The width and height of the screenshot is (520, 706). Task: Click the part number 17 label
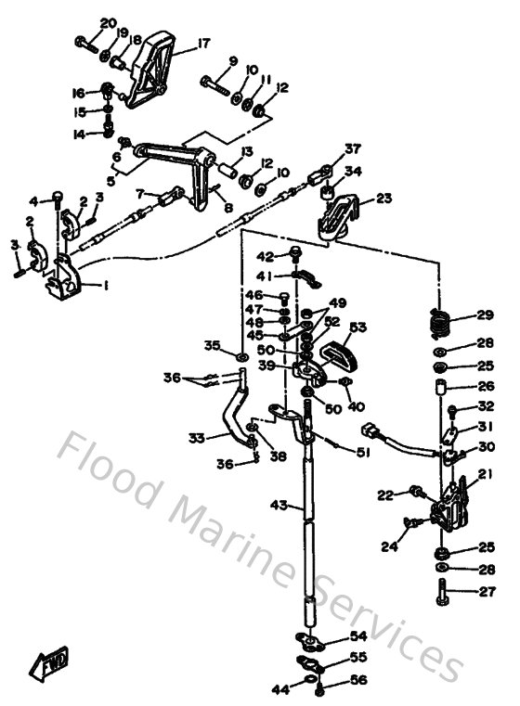click(203, 42)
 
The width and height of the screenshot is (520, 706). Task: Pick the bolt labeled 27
click(442, 590)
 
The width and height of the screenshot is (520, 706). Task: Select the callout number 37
click(352, 148)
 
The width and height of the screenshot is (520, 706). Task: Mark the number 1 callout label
click(105, 286)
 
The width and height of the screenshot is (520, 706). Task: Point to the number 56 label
click(358, 681)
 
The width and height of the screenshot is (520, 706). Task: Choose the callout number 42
click(266, 257)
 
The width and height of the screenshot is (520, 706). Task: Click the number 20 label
click(108, 23)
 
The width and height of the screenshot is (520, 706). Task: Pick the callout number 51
click(361, 452)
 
